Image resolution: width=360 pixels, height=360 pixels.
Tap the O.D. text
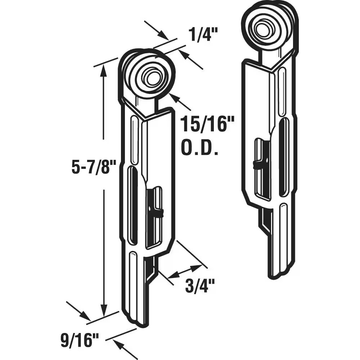pos(199,147)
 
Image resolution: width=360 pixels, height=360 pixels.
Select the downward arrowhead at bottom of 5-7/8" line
pos(104,310)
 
